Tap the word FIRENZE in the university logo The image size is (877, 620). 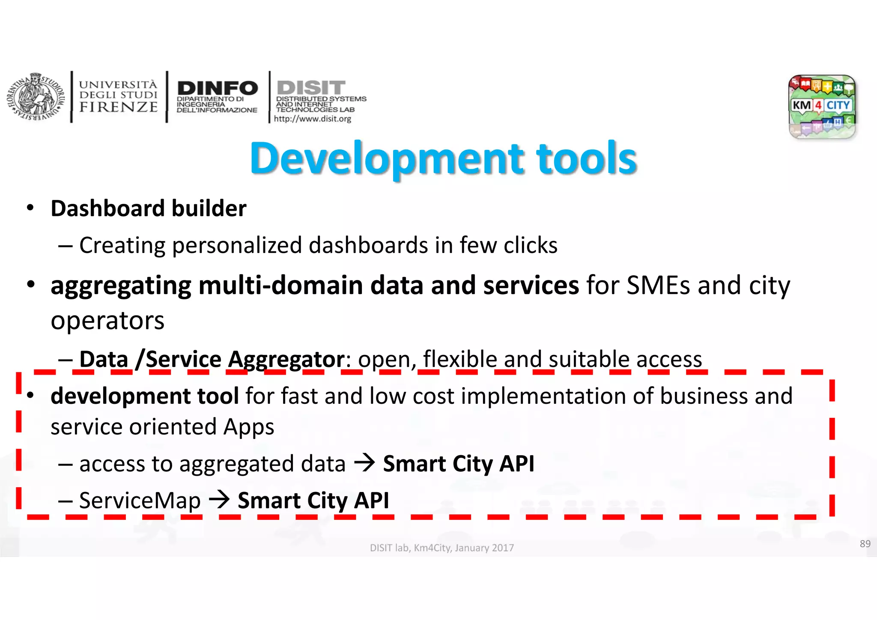point(118,107)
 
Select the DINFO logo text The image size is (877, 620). point(218,88)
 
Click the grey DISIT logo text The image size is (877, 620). point(311,87)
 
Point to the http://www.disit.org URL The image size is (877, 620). point(312,119)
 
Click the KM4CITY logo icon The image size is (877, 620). point(822,107)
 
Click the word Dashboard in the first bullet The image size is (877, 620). point(107,209)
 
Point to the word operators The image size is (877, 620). point(107,321)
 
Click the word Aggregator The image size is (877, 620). point(286,359)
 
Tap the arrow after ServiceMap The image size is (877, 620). point(219,500)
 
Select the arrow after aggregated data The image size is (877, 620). point(364,463)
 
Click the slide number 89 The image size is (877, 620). point(865,544)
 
